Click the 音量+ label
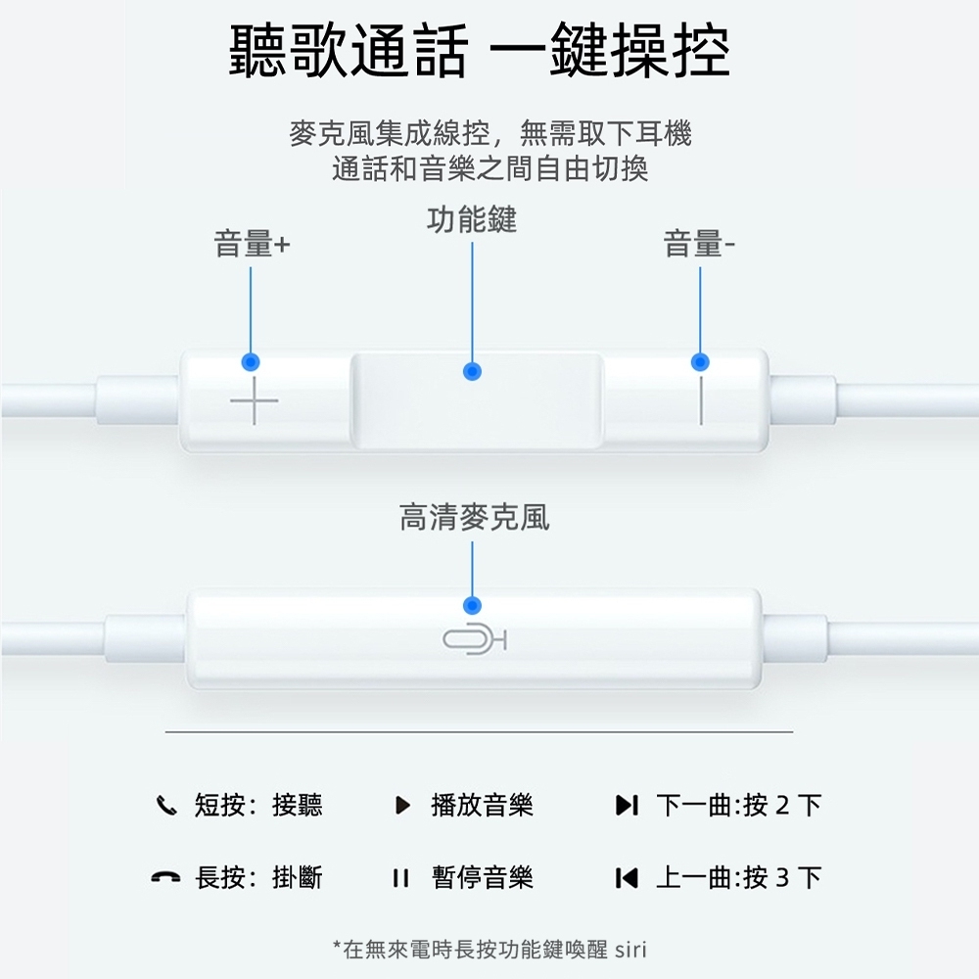click(x=252, y=245)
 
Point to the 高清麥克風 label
click(x=474, y=517)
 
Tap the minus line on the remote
click(x=701, y=401)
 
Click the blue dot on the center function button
click(x=473, y=372)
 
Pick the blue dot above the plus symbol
click(x=251, y=362)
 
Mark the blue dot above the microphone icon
click(x=473, y=604)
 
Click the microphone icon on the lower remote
click(x=474, y=641)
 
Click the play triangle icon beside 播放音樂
click(x=401, y=807)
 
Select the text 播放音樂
click(x=482, y=806)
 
